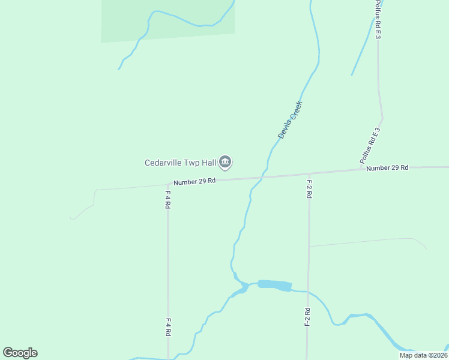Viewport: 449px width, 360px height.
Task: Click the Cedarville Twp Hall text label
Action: [180, 163]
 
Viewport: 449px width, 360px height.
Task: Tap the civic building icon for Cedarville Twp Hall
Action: [226, 161]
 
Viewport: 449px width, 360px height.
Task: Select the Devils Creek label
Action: [290, 120]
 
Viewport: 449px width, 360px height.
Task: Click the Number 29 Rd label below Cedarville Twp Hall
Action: [194, 181]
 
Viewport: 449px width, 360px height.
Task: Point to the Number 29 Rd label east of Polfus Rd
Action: [387, 168]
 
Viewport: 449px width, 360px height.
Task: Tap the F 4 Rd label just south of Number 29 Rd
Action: [168, 199]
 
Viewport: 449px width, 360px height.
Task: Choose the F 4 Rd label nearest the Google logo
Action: [169, 327]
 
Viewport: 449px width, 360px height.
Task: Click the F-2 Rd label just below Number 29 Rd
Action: [309, 188]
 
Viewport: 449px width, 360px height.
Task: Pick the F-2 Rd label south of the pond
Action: [307, 317]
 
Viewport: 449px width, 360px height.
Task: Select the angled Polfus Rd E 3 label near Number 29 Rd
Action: [370, 146]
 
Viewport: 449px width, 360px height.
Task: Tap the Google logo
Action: [20, 353]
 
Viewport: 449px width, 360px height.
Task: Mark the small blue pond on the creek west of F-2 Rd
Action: [274, 285]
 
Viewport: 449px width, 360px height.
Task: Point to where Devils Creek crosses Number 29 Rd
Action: [261, 178]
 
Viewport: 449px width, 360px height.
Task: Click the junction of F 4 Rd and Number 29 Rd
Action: [167, 185]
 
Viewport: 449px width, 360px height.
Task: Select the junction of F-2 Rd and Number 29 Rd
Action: [309, 174]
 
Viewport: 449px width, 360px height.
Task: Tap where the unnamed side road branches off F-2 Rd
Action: [309, 246]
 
